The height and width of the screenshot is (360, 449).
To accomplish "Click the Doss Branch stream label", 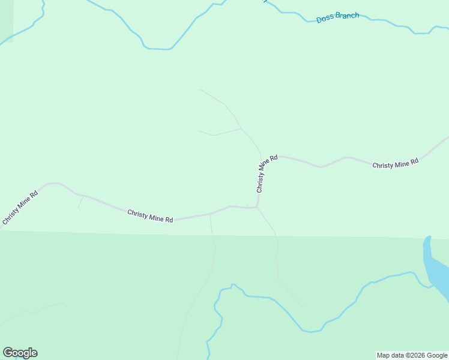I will coord(337,17).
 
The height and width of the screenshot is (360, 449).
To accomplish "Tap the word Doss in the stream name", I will coord(325,19).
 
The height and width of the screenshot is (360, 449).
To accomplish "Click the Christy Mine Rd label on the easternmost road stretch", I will coord(395,164).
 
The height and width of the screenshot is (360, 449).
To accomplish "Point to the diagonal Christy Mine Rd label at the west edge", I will coord(20,208).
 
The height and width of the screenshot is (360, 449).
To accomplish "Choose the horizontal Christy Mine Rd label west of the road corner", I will coord(150,216).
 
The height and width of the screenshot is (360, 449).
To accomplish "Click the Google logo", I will coord(20,353).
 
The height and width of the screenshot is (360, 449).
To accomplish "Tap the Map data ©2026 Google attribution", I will coord(412,355).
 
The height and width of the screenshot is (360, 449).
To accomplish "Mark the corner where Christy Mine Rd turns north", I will coord(257,208).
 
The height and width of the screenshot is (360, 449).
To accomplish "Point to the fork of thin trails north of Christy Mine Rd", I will coord(241,128).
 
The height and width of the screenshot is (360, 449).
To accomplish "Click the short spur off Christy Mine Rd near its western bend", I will coord(80,202).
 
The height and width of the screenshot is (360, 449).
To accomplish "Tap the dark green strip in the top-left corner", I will coord(6,18).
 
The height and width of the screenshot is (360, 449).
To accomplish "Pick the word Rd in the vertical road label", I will coord(274,158).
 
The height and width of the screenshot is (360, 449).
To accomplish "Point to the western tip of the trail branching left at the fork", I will coord(200,131).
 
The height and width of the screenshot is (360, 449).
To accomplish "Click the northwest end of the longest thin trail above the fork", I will coord(200,89).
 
